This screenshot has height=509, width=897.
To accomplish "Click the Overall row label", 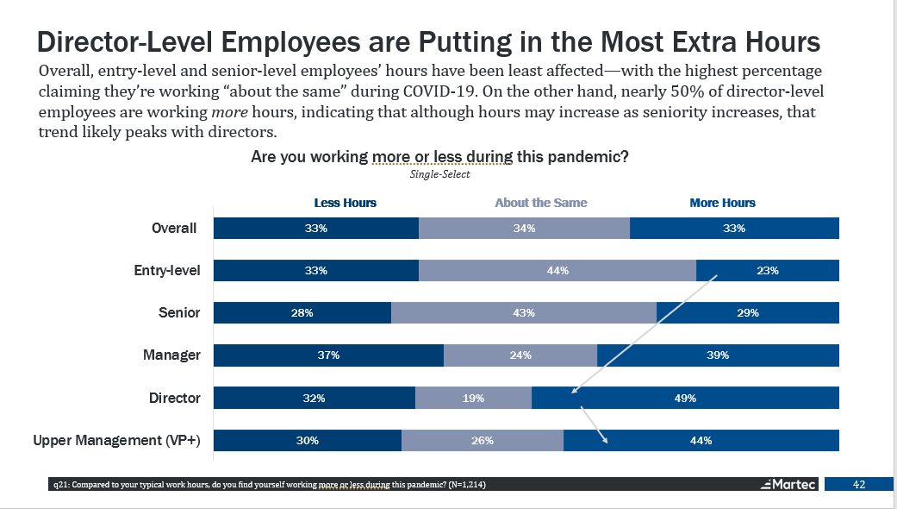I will [x=175, y=229].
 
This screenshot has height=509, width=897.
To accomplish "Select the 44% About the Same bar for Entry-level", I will [x=557, y=271].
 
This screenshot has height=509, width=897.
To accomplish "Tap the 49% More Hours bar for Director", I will [x=685, y=399].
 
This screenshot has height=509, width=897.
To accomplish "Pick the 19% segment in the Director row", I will [x=473, y=399].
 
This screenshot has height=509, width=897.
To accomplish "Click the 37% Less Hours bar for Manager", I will [x=328, y=355].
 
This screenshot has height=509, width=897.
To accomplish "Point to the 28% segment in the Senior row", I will [x=302, y=313].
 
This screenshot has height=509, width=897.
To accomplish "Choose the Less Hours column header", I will [x=345, y=203].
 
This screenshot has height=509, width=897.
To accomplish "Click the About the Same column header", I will [x=540, y=203].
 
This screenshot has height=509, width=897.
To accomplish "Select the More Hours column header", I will [x=722, y=203].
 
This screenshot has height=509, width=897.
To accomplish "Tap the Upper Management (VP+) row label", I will [x=116, y=441].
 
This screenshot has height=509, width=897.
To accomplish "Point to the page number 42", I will [x=858, y=484].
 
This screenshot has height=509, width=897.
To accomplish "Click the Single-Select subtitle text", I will [x=439, y=174].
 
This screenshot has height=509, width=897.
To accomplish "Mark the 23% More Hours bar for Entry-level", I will [x=767, y=271].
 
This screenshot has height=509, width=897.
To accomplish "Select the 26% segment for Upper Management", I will [x=483, y=441].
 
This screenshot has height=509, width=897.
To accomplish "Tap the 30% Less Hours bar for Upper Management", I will [x=308, y=441].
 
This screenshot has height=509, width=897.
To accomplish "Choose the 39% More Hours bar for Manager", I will [x=718, y=355].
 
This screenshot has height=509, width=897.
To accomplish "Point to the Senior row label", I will [x=181, y=312].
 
